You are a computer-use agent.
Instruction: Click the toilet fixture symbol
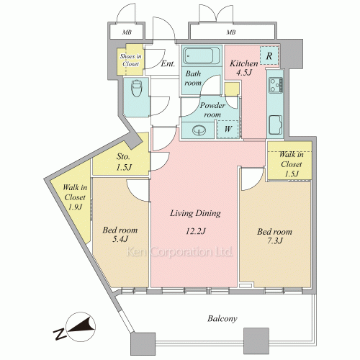tap(137, 89)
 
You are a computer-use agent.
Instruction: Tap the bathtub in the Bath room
tap(201, 56)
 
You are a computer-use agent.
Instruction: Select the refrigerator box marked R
tap(269, 55)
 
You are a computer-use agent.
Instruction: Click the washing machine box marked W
tap(228, 129)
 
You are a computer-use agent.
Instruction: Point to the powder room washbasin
tap(199, 130)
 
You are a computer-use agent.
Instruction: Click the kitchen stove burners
tap(276, 85)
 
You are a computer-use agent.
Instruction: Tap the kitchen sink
tap(276, 125)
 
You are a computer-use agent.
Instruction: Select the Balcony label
tap(222, 318)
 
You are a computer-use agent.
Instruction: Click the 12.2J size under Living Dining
tap(196, 231)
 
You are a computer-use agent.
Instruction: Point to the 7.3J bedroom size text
tap(275, 240)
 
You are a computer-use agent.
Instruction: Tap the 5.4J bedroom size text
tap(120, 239)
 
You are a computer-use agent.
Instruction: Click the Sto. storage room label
tap(123, 156)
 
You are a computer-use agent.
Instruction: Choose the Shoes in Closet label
tap(130, 60)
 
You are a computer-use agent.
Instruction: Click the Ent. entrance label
tap(168, 63)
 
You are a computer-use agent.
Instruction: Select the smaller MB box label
tap(127, 32)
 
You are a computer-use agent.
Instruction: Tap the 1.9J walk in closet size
tap(75, 207)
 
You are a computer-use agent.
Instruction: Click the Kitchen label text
tap(244, 63)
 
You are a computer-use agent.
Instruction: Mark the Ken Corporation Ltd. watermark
tap(179, 251)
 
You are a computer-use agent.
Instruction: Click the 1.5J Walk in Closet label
tap(292, 164)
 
